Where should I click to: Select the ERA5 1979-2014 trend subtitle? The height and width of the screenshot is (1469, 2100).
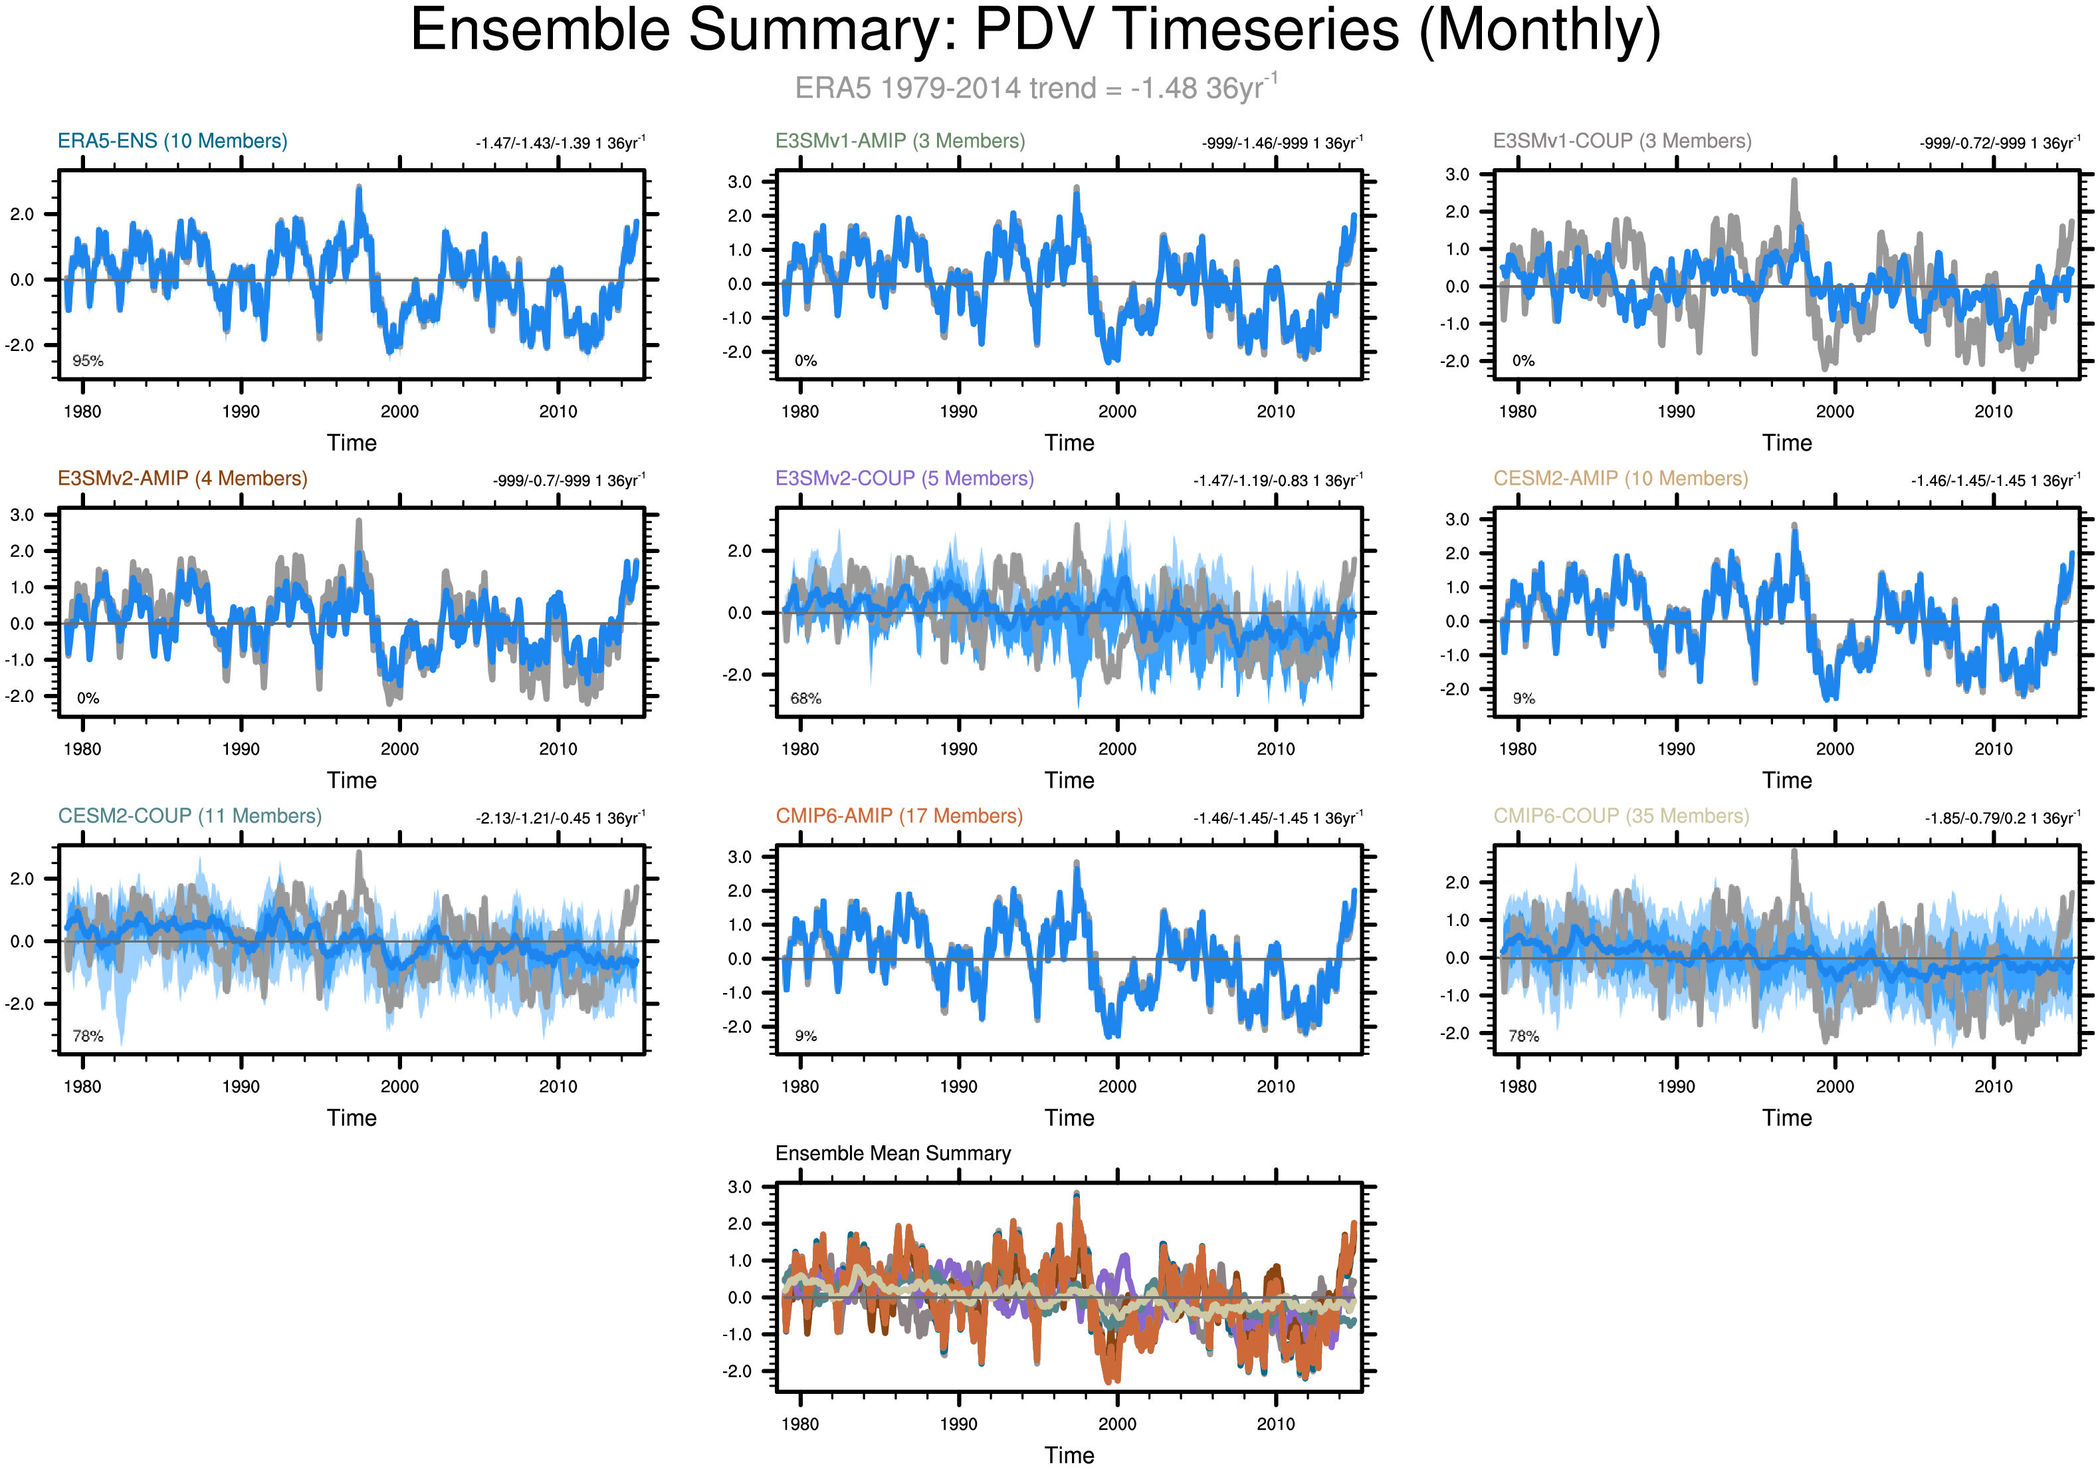[1035, 88]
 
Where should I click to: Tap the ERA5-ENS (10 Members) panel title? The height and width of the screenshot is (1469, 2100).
[172, 141]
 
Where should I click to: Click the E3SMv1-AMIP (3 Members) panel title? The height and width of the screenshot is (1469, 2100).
[900, 141]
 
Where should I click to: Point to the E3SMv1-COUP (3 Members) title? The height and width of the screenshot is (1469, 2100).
[1622, 141]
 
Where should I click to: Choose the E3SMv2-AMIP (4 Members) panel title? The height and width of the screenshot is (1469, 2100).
[182, 479]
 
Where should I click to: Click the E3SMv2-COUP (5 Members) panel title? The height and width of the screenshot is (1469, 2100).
[904, 479]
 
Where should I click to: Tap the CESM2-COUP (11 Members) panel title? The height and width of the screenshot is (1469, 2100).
[189, 816]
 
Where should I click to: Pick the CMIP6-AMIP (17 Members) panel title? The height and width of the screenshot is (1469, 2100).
[899, 816]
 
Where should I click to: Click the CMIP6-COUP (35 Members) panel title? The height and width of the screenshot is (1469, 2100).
[1621, 816]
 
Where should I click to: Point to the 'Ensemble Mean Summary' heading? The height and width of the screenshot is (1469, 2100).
[892, 1153]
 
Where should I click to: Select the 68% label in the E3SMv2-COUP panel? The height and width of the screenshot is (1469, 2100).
[806, 699]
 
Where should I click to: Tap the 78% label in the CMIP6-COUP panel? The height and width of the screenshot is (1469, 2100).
[1524, 1036]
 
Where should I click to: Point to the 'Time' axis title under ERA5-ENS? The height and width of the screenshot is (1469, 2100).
[352, 443]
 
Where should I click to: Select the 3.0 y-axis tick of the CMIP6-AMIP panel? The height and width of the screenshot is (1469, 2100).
[739, 857]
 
